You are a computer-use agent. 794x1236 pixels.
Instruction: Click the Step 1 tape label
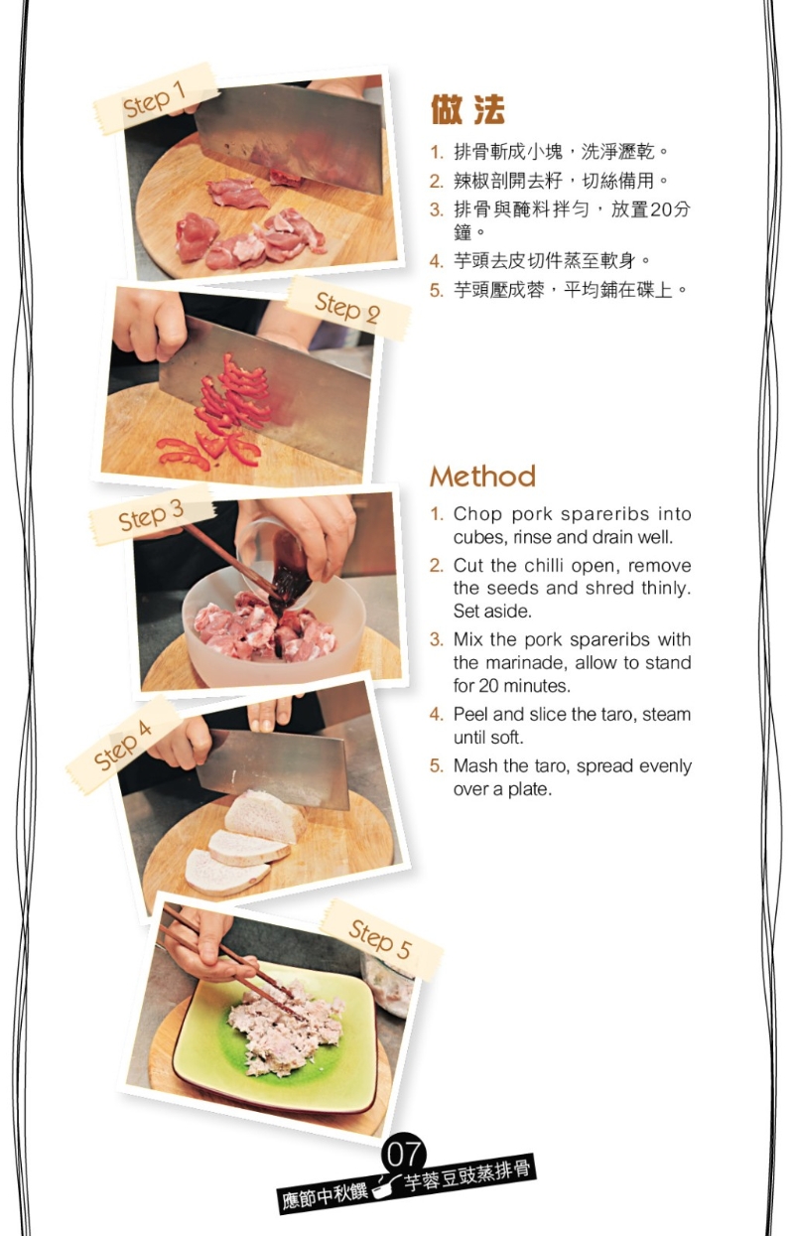coord(155,98)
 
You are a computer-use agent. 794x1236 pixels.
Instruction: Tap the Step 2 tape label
coord(347,308)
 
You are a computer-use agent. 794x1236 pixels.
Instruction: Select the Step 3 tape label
coord(151,515)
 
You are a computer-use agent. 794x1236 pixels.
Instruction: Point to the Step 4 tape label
coord(123,746)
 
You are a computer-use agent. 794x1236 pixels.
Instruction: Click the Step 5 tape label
coord(381,938)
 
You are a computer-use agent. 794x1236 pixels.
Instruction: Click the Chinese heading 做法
coord(467,109)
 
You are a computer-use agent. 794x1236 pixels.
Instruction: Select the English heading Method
coord(482,477)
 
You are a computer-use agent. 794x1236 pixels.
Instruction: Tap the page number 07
coord(403,1154)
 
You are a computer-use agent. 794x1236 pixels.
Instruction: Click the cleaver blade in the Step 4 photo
coord(274,768)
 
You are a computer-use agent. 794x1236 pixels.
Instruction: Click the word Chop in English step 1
coord(477,514)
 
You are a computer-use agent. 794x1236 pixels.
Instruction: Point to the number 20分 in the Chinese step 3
coord(670,209)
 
